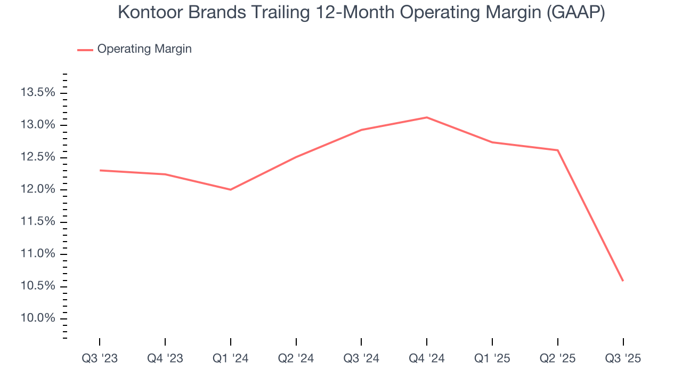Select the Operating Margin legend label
(x=144, y=49)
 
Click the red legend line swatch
(x=85, y=50)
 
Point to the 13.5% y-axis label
(x=38, y=93)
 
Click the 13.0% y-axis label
(x=38, y=125)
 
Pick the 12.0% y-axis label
(x=38, y=189)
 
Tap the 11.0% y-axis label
(x=38, y=254)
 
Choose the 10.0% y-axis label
(x=38, y=318)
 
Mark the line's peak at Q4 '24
(x=427, y=117)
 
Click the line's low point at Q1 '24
(x=230, y=189)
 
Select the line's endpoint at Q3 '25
(x=623, y=281)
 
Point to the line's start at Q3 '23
(x=100, y=170)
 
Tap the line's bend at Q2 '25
(x=557, y=150)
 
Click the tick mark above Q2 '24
(x=296, y=342)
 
